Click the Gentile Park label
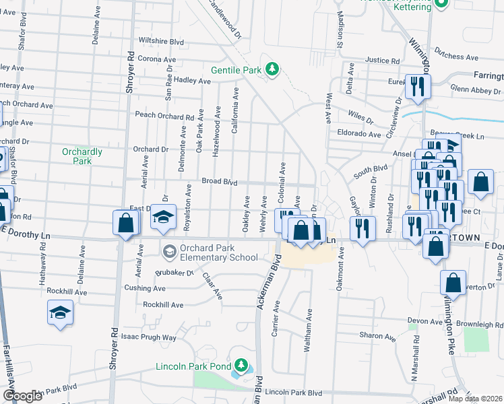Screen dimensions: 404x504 pos(236,69)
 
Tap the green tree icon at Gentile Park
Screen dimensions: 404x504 pos(272,69)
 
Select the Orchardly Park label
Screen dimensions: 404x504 pos(82,156)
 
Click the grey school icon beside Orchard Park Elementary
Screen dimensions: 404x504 pos(168,252)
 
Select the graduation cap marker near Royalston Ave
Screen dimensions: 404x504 pos(162,217)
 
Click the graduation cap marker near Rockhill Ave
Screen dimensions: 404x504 pos(61,313)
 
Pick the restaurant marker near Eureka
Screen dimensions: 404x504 pos(418,86)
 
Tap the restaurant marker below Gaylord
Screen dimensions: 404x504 pos(363,228)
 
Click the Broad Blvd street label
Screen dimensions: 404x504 pos(220,182)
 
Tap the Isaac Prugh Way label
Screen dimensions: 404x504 pos(150,337)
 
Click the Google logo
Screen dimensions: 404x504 pos(22,396)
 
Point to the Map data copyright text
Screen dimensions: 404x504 pos(474,399)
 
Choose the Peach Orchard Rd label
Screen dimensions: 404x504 pos(164,116)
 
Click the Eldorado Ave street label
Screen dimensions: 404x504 pos(359,134)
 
